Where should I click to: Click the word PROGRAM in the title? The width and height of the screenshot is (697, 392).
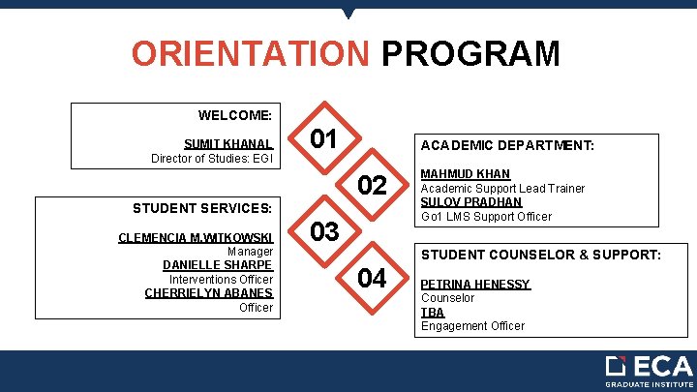pyautogui.click(x=470, y=53)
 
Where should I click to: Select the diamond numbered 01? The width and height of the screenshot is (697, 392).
pyautogui.click(x=324, y=139)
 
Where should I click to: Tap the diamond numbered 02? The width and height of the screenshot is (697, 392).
pyautogui.click(x=373, y=185)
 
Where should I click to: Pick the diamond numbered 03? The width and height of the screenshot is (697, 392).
pyautogui.click(x=324, y=231)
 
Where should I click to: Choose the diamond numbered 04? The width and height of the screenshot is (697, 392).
pyautogui.click(x=373, y=279)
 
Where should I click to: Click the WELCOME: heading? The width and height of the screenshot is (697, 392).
pyautogui.click(x=236, y=115)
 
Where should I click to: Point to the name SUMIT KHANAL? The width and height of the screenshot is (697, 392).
pyautogui.click(x=228, y=143)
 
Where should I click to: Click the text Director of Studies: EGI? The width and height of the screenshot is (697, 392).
pyautogui.click(x=212, y=158)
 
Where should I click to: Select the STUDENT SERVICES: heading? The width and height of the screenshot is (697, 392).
pyautogui.click(x=202, y=207)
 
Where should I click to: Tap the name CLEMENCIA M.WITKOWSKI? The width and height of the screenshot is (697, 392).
pyautogui.click(x=196, y=237)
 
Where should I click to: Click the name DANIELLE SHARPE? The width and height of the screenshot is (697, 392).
pyautogui.click(x=218, y=265)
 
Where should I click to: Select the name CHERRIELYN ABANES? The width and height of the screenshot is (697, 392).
pyautogui.click(x=209, y=293)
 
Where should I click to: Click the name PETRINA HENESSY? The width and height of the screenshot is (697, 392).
pyautogui.click(x=474, y=285)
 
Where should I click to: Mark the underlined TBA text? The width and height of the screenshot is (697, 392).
pyautogui.click(x=432, y=312)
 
